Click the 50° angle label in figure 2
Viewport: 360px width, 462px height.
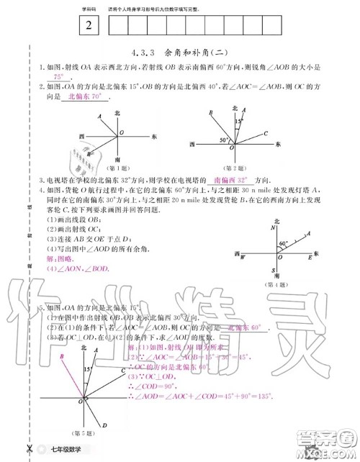coord(224,139)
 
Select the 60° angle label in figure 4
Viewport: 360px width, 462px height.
coord(283,243)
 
